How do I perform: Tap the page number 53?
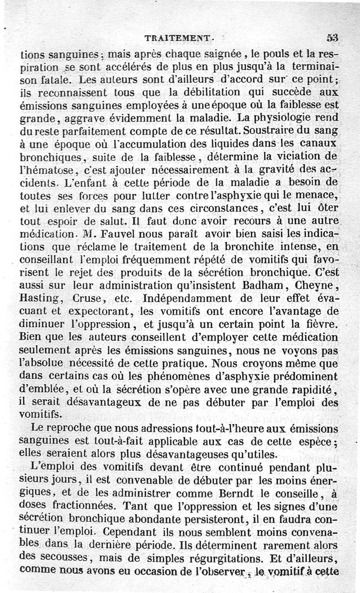(332, 39)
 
